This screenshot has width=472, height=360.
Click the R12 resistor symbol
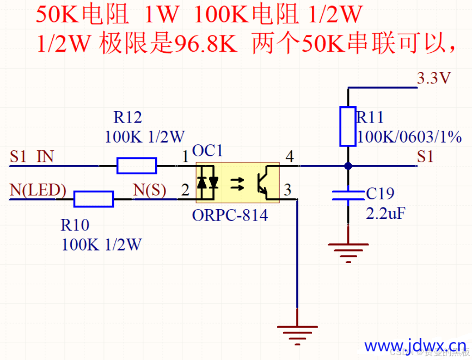click(x=137, y=166)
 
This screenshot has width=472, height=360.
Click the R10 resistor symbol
click(x=94, y=199)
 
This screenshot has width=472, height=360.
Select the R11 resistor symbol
click(x=348, y=126)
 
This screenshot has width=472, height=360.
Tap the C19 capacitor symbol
click(x=348, y=196)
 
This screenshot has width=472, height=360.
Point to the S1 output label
click(x=425, y=157)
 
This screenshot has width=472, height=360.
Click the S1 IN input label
click(x=32, y=157)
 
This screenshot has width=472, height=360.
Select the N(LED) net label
click(x=38, y=190)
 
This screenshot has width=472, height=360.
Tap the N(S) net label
click(x=150, y=190)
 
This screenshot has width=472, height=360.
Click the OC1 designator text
click(x=207, y=151)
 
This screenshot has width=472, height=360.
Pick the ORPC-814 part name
click(x=230, y=215)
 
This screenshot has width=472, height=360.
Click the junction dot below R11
click(x=348, y=166)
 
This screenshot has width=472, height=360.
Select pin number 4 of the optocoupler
click(x=289, y=157)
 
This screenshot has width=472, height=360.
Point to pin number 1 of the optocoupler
click(x=185, y=157)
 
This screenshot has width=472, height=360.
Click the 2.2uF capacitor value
click(x=385, y=213)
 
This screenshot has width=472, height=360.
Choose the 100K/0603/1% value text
click(x=409, y=136)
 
